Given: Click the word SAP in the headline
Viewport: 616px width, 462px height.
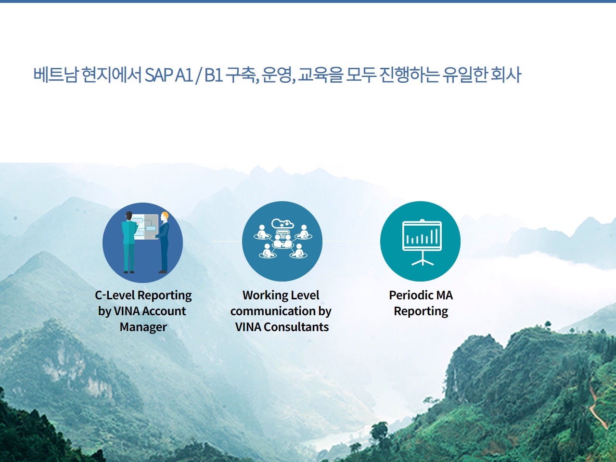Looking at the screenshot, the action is [x=158, y=75].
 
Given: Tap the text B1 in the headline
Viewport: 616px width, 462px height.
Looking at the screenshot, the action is [x=214, y=75].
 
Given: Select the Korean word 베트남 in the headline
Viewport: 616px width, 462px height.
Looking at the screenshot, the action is [x=55, y=75].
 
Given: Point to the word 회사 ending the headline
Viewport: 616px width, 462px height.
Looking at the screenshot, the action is [x=506, y=75].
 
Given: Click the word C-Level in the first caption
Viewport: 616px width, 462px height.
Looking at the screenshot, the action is [x=115, y=295].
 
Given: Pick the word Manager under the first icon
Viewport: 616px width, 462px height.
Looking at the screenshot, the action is [x=143, y=327].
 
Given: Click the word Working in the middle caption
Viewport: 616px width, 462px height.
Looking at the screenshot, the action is [x=263, y=295].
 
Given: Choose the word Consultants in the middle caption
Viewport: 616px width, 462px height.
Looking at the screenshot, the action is [x=296, y=327].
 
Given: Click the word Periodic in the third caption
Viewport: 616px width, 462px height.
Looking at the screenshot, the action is [x=410, y=295].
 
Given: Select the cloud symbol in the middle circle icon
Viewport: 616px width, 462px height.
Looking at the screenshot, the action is [x=282, y=224].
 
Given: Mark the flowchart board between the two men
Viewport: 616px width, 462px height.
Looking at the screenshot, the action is [x=145, y=227].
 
